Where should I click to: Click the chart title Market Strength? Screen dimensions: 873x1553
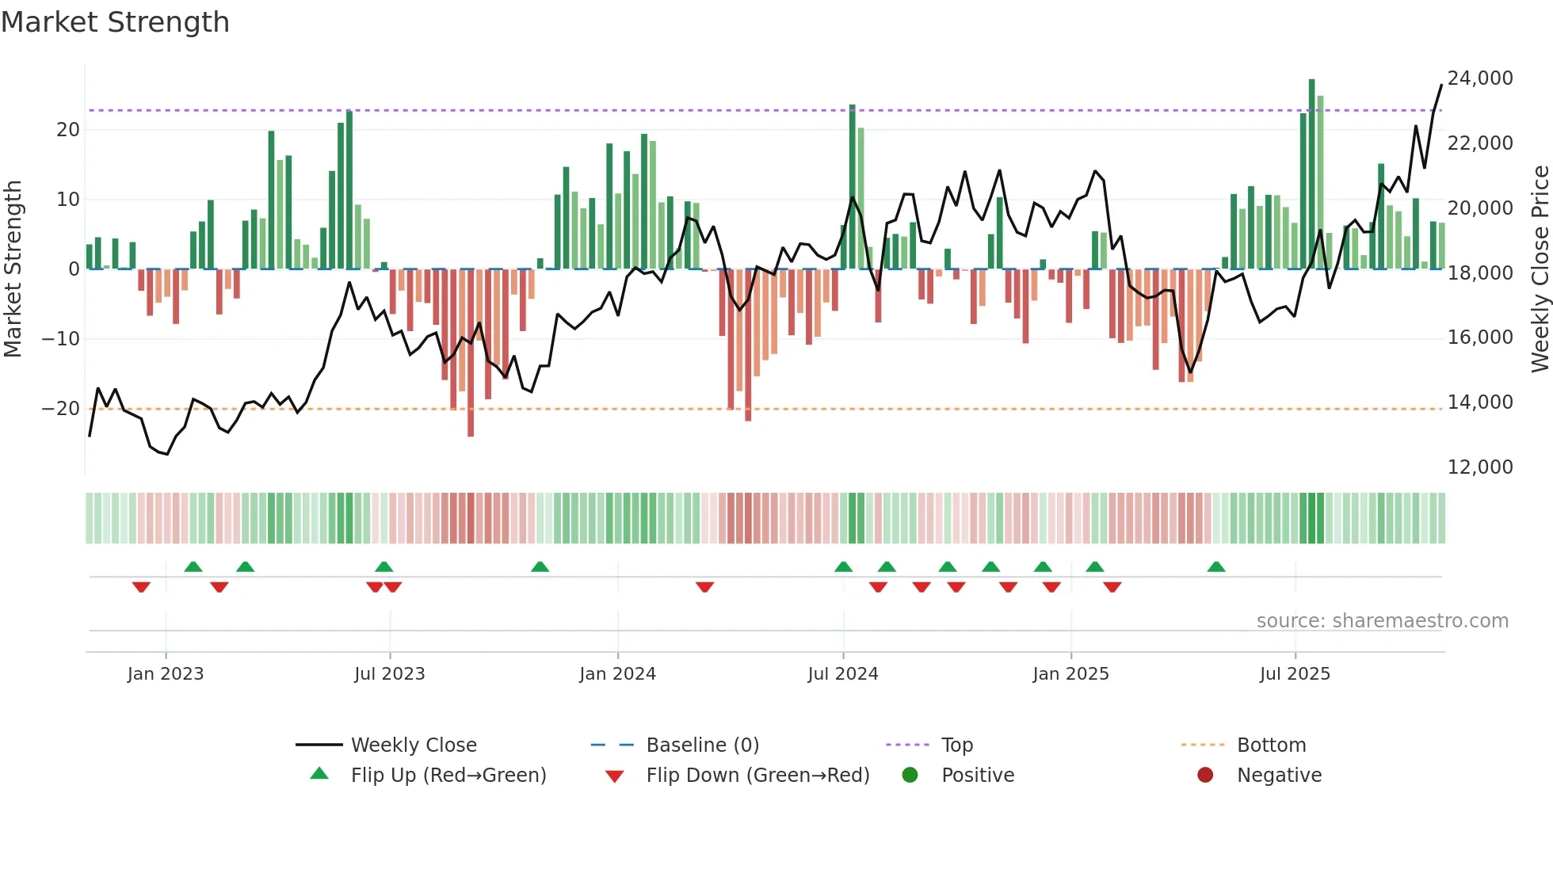[115, 22]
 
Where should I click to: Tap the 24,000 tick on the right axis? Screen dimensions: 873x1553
[1479, 78]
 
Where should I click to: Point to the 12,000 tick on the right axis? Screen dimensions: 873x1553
[1479, 467]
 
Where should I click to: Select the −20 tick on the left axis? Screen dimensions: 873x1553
[61, 409]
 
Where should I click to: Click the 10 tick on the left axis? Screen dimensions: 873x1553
[68, 200]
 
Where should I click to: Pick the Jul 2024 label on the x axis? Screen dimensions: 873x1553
[842, 674]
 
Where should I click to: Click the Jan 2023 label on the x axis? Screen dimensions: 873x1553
[166, 674]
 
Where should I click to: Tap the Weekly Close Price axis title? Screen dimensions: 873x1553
[1540, 269]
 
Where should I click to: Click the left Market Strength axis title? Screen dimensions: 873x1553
[13, 269]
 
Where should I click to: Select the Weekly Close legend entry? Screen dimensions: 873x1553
[413, 745]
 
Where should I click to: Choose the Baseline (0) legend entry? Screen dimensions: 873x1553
[702, 745]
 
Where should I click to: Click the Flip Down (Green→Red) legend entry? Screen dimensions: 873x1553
[757, 776]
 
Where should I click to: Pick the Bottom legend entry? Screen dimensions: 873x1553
[1271, 745]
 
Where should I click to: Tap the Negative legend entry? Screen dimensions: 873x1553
[1279, 776]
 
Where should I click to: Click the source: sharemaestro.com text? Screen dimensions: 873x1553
[1382, 621]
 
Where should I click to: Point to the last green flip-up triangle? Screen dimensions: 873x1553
[1216, 566]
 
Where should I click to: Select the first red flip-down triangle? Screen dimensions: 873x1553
[141, 587]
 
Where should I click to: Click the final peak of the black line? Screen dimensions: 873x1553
[1440, 85]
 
